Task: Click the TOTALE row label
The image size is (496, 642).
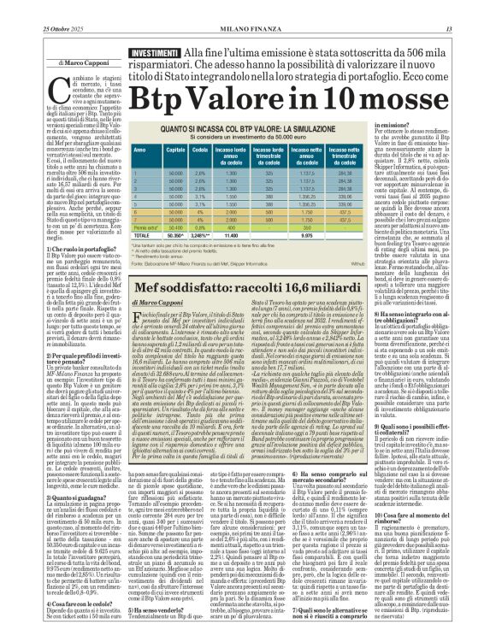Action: (141, 235)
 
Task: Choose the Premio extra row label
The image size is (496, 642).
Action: (144, 227)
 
